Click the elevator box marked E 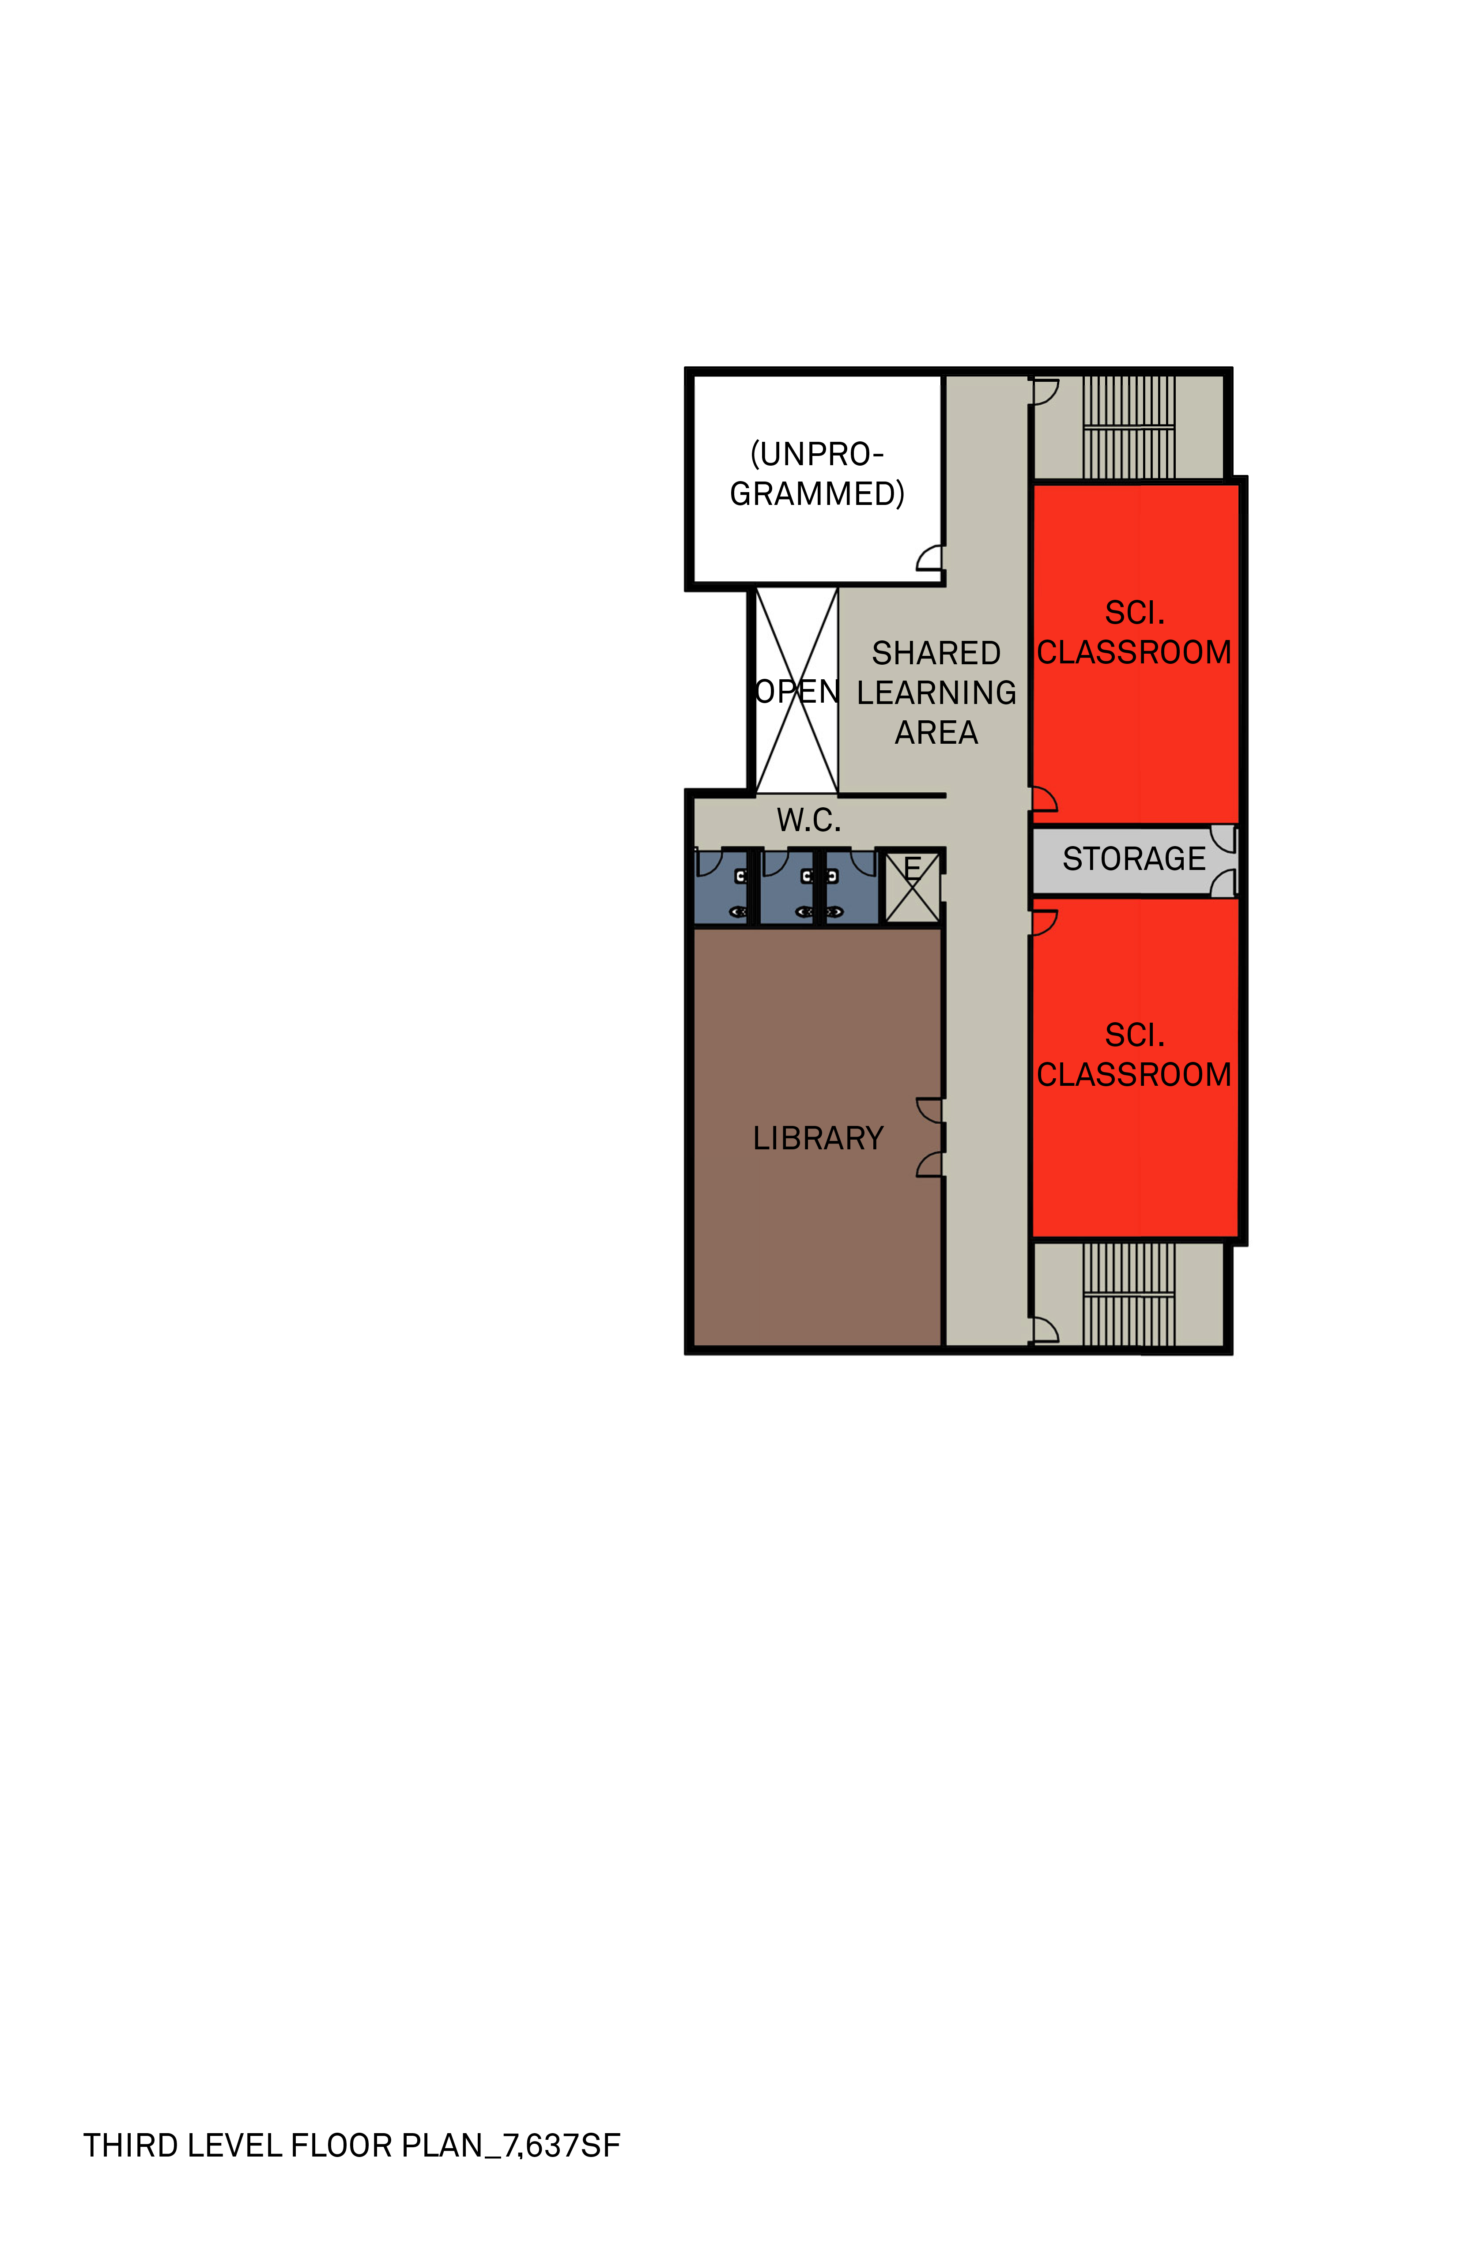912,887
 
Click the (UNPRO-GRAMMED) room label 817,474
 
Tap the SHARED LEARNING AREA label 936,693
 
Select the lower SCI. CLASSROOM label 1134,1054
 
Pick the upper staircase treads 1129,428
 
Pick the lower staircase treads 1129,1294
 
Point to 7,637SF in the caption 562,2145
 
